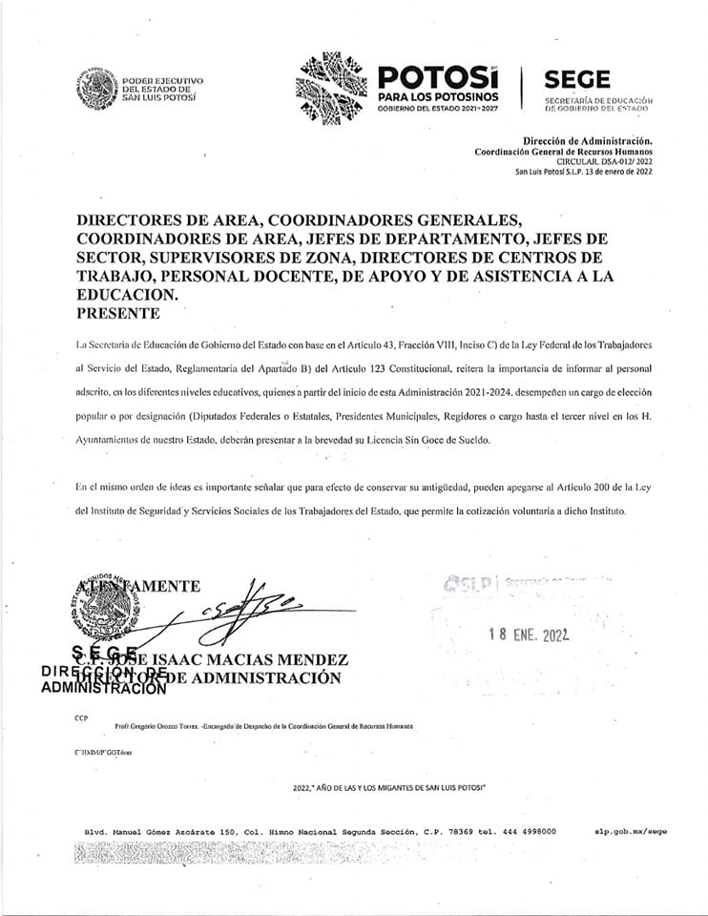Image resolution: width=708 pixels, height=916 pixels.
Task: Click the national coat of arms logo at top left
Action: point(97,91)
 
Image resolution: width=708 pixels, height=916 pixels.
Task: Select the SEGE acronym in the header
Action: point(576,80)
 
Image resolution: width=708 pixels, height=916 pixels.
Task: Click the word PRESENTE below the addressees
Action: point(118,313)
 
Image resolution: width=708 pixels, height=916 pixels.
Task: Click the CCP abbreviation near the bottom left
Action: point(81,717)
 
